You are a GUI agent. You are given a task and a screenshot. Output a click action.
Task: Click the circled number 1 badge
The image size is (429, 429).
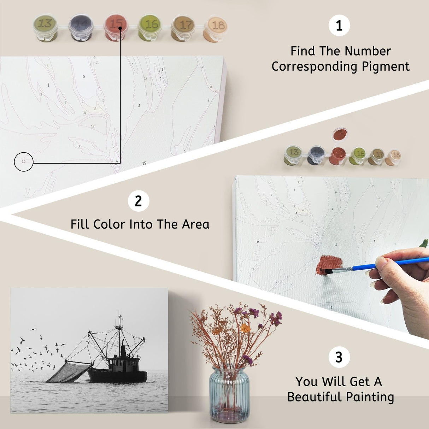click(339, 25)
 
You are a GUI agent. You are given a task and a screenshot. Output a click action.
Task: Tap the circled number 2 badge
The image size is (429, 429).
click(138, 201)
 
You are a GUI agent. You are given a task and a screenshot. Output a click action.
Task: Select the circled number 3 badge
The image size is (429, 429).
click(339, 357)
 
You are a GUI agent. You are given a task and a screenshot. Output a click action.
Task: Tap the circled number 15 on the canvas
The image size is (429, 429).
click(24, 162)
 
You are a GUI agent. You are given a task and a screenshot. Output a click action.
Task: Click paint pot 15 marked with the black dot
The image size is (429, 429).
click(116, 27)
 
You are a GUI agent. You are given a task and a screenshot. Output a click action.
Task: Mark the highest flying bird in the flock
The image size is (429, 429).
click(34, 330)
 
